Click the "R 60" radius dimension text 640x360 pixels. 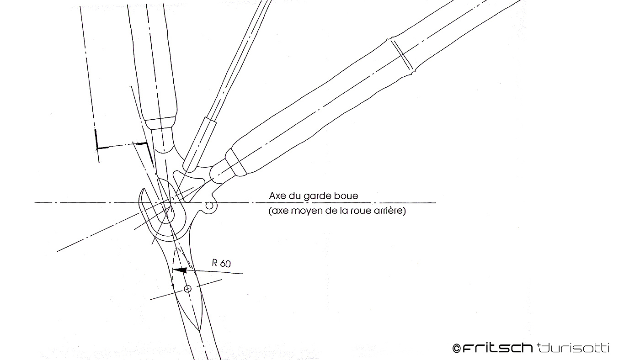coord(221,264)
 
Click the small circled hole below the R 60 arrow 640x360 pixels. coord(187,288)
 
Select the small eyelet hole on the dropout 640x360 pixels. coord(209,205)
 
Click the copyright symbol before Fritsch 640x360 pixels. coord(456,349)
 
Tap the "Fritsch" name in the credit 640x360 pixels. coord(497,348)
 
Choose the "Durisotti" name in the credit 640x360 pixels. coord(574,348)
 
